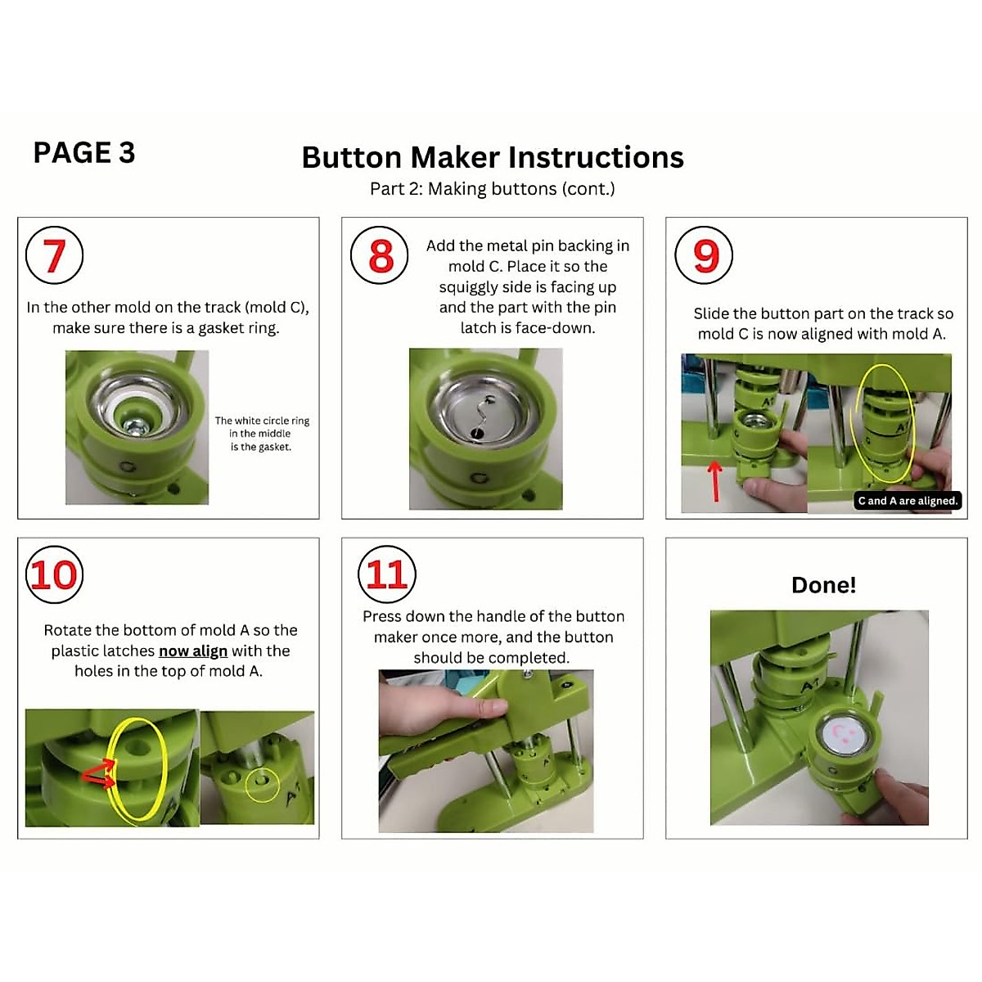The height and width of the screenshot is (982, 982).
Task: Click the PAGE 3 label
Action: coord(83,153)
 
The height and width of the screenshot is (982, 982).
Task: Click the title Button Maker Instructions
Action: coord(492,157)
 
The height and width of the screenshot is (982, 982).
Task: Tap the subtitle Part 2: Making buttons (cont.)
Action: coord(492,189)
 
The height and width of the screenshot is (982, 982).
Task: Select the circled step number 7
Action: coord(54,255)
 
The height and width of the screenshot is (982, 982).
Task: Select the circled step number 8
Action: coord(379,255)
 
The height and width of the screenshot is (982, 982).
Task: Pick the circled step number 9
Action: coord(704,255)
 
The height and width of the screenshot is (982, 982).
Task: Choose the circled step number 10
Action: coord(54,574)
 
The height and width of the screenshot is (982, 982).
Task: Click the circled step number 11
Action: coord(386,574)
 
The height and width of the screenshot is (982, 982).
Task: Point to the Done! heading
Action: coord(823,585)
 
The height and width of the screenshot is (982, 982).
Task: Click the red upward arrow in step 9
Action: coord(716,481)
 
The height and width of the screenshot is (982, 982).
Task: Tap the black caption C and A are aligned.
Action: coord(907,501)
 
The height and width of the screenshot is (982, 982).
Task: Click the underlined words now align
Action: coord(193,651)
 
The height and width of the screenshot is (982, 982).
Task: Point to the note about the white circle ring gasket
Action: coord(262,434)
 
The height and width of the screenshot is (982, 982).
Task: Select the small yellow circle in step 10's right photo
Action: coord(262,783)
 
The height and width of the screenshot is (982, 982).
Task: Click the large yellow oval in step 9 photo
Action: coord(884,423)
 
